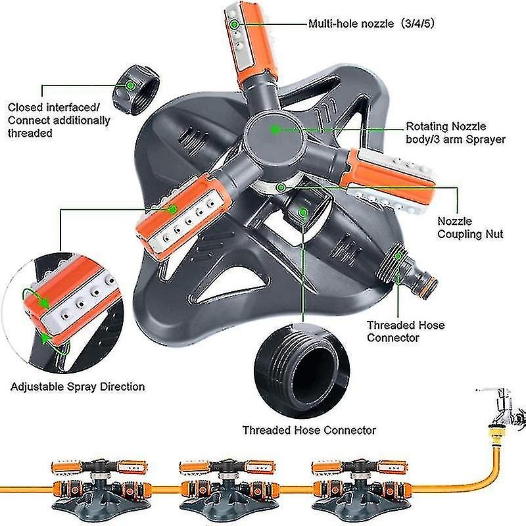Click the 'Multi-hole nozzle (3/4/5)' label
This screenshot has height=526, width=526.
point(370,24)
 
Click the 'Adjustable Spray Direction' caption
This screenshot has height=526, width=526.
point(78,386)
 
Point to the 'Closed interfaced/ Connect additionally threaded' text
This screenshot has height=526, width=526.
point(59,120)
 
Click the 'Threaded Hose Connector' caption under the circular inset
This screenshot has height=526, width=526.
point(309,430)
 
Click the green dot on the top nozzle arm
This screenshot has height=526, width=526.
point(235,24)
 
